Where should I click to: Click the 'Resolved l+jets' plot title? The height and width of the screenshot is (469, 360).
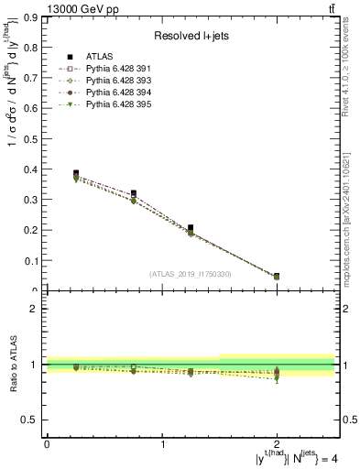pyautogui.click(x=191, y=36)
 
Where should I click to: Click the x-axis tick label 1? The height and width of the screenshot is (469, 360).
pyautogui.click(x=162, y=444)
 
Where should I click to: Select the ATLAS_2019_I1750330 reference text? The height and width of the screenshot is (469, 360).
pyautogui.click(x=191, y=274)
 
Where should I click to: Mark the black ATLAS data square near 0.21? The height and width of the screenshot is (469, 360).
pyautogui.click(x=191, y=228)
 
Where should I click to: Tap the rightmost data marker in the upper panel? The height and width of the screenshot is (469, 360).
pyautogui.click(x=277, y=276)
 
